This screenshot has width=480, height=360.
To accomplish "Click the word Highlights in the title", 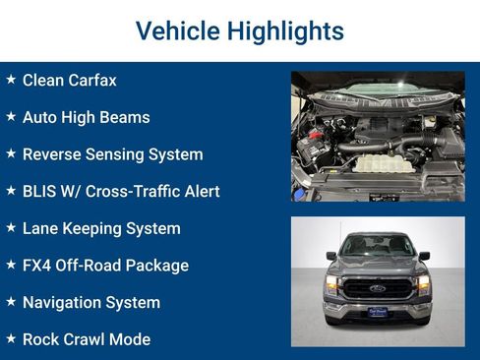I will pyautogui.click(x=285, y=30).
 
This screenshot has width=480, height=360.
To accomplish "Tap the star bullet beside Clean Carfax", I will pyautogui.click(x=11, y=80).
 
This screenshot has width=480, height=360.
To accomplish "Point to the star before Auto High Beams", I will pyautogui.click(x=11, y=117).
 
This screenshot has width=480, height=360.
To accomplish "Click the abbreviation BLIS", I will pyautogui.click(x=40, y=192).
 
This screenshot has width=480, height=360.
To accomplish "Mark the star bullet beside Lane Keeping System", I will pyautogui.click(x=11, y=228).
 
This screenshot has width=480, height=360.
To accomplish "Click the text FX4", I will pyautogui.click(x=37, y=266).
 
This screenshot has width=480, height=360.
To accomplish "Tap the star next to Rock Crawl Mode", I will pyautogui.click(x=11, y=339).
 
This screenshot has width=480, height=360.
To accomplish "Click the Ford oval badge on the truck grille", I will pyautogui.click(x=378, y=289).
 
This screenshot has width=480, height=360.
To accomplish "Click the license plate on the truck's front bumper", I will pyautogui.click(x=378, y=312).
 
